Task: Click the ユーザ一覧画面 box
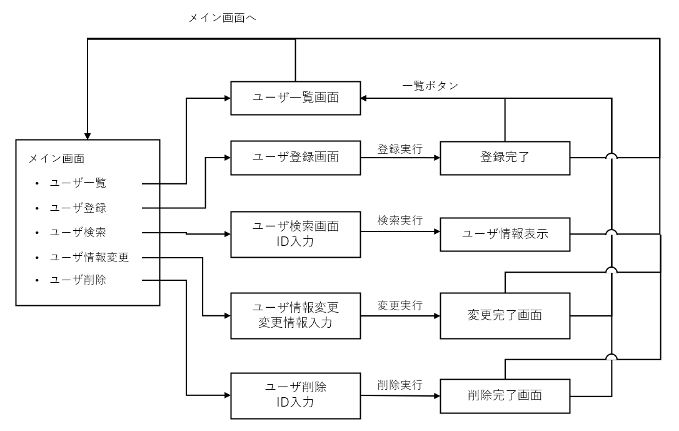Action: (x=296, y=98)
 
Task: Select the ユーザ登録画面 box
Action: (x=296, y=157)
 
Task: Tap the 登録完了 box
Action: (x=505, y=157)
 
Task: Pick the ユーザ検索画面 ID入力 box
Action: (x=296, y=235)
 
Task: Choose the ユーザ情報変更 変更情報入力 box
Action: (x=296, y=315)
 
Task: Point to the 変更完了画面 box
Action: (x=505, y=315)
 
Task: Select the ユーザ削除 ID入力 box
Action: (x=296, y=395)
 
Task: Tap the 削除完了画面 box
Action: (x=505, y=395)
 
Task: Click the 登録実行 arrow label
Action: (x=400, y=150)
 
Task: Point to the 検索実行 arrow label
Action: (x=400, y=221)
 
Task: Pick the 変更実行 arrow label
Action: (x=400, y=306)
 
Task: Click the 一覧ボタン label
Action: (x=431, y=86)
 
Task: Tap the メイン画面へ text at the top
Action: (x=223, y=18)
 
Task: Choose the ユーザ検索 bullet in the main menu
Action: (x=78, y=232)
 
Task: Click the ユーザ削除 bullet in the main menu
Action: (x=78, y=280)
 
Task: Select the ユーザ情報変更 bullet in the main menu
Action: (x=89, y=256)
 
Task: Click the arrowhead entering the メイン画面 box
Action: (x=88, y=136)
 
